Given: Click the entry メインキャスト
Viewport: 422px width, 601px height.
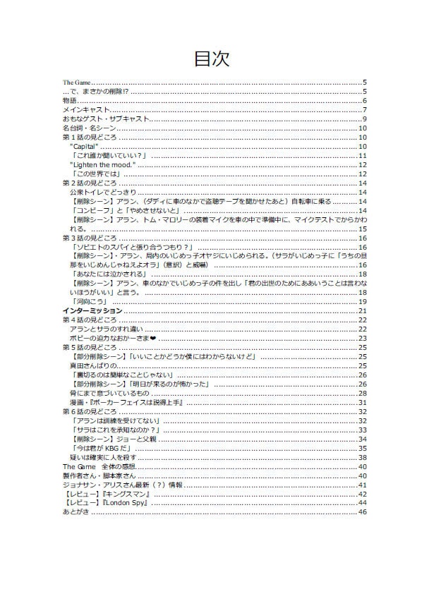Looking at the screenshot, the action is [86, 109].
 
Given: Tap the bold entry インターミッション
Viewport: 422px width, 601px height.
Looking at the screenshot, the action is [92, 310].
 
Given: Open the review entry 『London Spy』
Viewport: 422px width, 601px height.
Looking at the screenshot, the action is [109, 503].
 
